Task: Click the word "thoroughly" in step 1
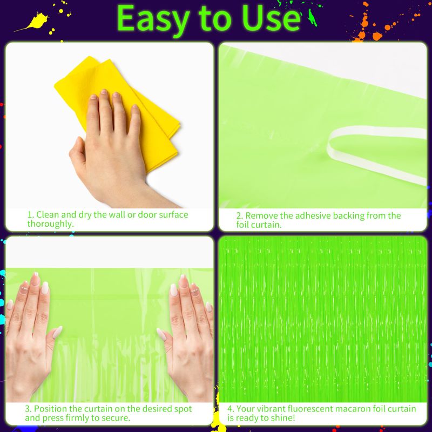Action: coord(50,224)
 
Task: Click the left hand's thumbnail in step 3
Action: coord(58,333)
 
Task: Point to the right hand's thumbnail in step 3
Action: coord(161,334)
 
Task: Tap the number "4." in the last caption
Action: coord(231,409)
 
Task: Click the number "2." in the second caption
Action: coord(239,215)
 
